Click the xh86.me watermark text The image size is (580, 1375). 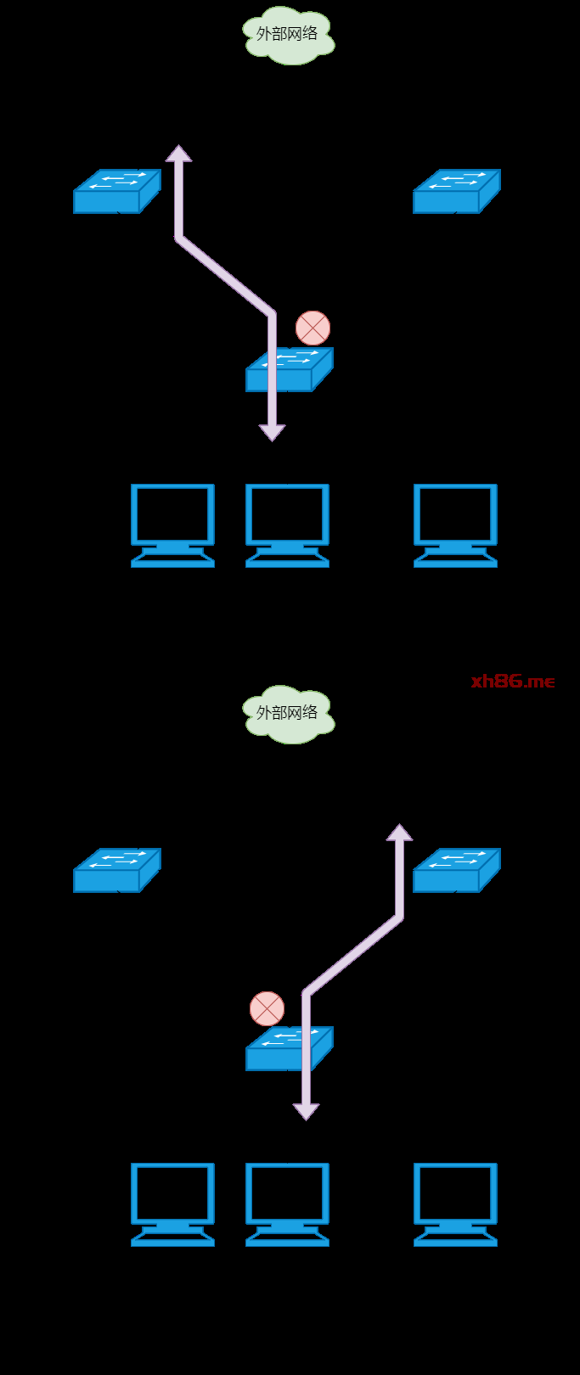pos(513,681)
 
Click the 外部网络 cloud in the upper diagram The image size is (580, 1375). pos(288,35)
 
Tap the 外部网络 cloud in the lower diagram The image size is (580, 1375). pos(288,714)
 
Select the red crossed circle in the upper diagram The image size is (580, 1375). pos(313,328)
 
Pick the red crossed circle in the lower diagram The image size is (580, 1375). pos(267,1008)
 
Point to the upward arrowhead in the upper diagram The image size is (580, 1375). pos(178,154)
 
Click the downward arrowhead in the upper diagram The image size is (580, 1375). pos(272,432)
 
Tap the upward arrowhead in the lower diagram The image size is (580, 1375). pos(399,833)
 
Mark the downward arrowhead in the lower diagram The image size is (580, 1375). pos(306,1111)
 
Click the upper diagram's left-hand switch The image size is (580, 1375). pos(116,192)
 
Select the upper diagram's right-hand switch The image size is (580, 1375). pos(456,192)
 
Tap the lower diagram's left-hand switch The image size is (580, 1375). pos(116,871)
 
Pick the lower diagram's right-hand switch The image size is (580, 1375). pos(456,871)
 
